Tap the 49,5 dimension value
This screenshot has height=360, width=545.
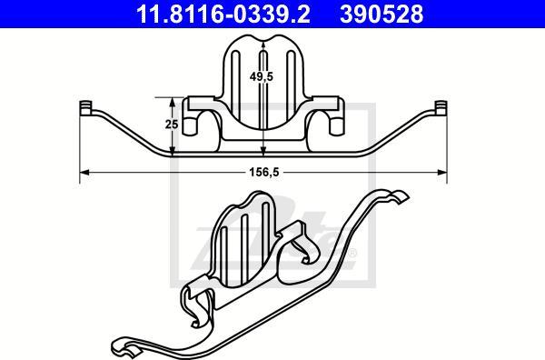tap(263, 77)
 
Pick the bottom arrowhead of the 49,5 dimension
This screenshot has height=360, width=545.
tap(263, 152)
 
